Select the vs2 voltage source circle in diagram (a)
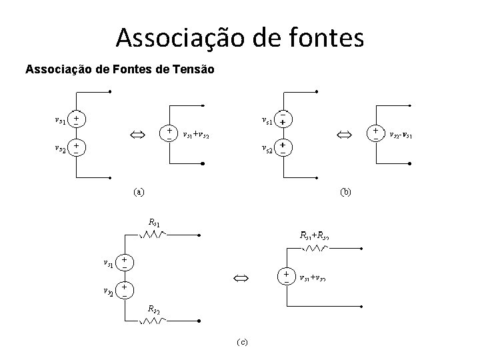pyautogui.click(x=77, y=148)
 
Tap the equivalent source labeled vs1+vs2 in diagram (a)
pyautogui.click(x=170, y=133)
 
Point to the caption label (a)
pyautogui.click(x=137, y=192)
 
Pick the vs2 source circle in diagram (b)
pyautogui.click(x=283, y=147)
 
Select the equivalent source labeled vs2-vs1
pyautogui.click(x=377, y=133)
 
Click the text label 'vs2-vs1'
pyautogui.click(x=401, y=133)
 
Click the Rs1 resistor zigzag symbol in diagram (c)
pyautogui.click(x=153, y=234)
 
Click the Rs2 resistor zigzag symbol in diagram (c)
pyautogui.click(x=153, y=319)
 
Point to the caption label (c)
pyautogui.click(x=241, y=342)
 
